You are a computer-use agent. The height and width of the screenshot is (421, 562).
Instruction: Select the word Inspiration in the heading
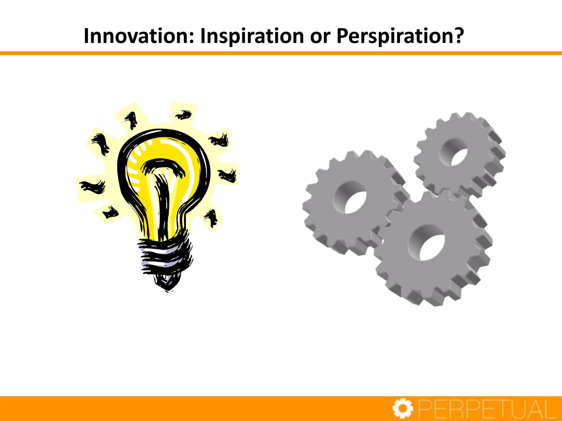tap(252, 36)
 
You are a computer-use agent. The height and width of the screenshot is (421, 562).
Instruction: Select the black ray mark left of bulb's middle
tap(93, 186)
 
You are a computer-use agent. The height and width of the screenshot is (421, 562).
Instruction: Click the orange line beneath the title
tap(281, 53)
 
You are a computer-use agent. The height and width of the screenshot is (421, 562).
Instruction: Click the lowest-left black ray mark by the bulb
tap(110, 212)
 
